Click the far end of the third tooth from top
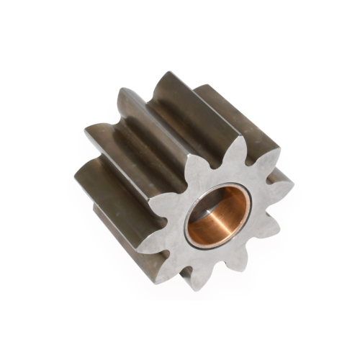click(x=90, y=130)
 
